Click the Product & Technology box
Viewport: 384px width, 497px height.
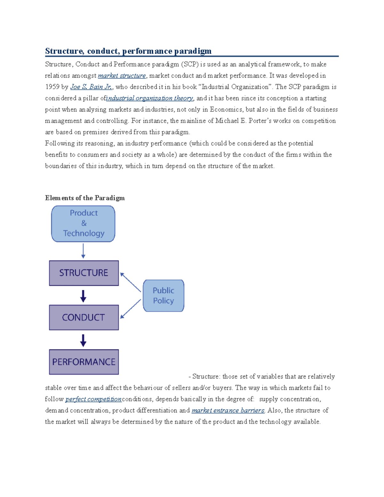(x=83, y=223)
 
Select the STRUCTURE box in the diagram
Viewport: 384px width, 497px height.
(x=84, y=273)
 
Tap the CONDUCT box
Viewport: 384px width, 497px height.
(x=84, y=317)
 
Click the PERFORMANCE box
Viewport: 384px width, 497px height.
(x=84, y=362)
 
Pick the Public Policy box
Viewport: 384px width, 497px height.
(x=164, y=296)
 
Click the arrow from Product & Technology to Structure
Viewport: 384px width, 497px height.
(x=83, y=251)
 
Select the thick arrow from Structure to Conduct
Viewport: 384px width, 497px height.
(x=83, y=296)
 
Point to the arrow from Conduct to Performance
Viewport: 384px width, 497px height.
(x=83, y=341)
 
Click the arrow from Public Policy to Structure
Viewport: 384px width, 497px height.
(x=130, y=282)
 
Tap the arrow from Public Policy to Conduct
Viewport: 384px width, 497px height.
(x=130, y=309)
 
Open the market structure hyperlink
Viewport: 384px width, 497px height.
(x=122, y=76)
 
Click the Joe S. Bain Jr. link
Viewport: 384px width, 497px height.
(x=91, y=87)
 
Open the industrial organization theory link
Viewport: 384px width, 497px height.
(x=150, y=98)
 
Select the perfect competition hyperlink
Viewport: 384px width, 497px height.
(x=93, y=399)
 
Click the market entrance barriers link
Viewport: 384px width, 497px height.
(x=228, y=410)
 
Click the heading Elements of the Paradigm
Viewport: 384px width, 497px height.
(x=85, y=198)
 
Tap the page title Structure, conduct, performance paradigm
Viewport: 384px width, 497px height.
(x=128, y=51)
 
